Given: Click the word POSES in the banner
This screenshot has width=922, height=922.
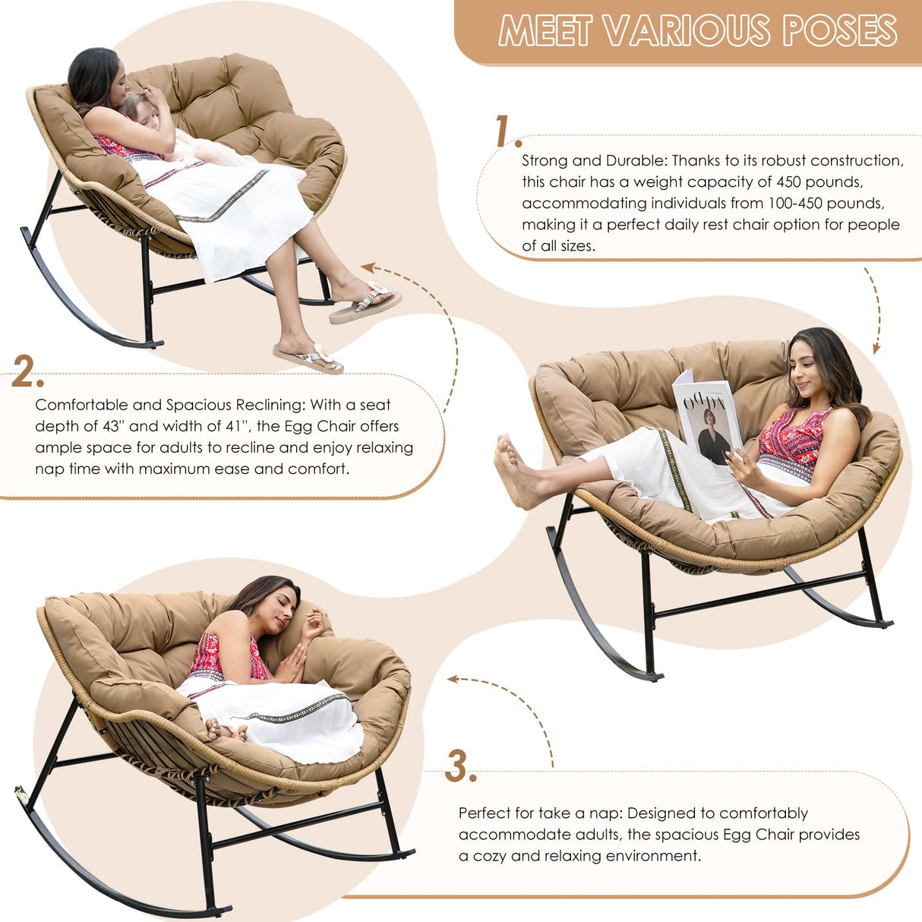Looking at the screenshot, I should (840, 31).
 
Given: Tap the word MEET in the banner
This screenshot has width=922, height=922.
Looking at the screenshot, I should (545, 31).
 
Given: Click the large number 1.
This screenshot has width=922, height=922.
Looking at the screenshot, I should (503, 131).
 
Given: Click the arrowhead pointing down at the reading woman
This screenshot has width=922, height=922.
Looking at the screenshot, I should (876, 349).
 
